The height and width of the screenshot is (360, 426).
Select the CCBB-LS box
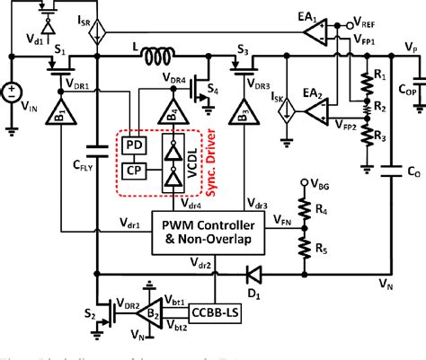217,312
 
